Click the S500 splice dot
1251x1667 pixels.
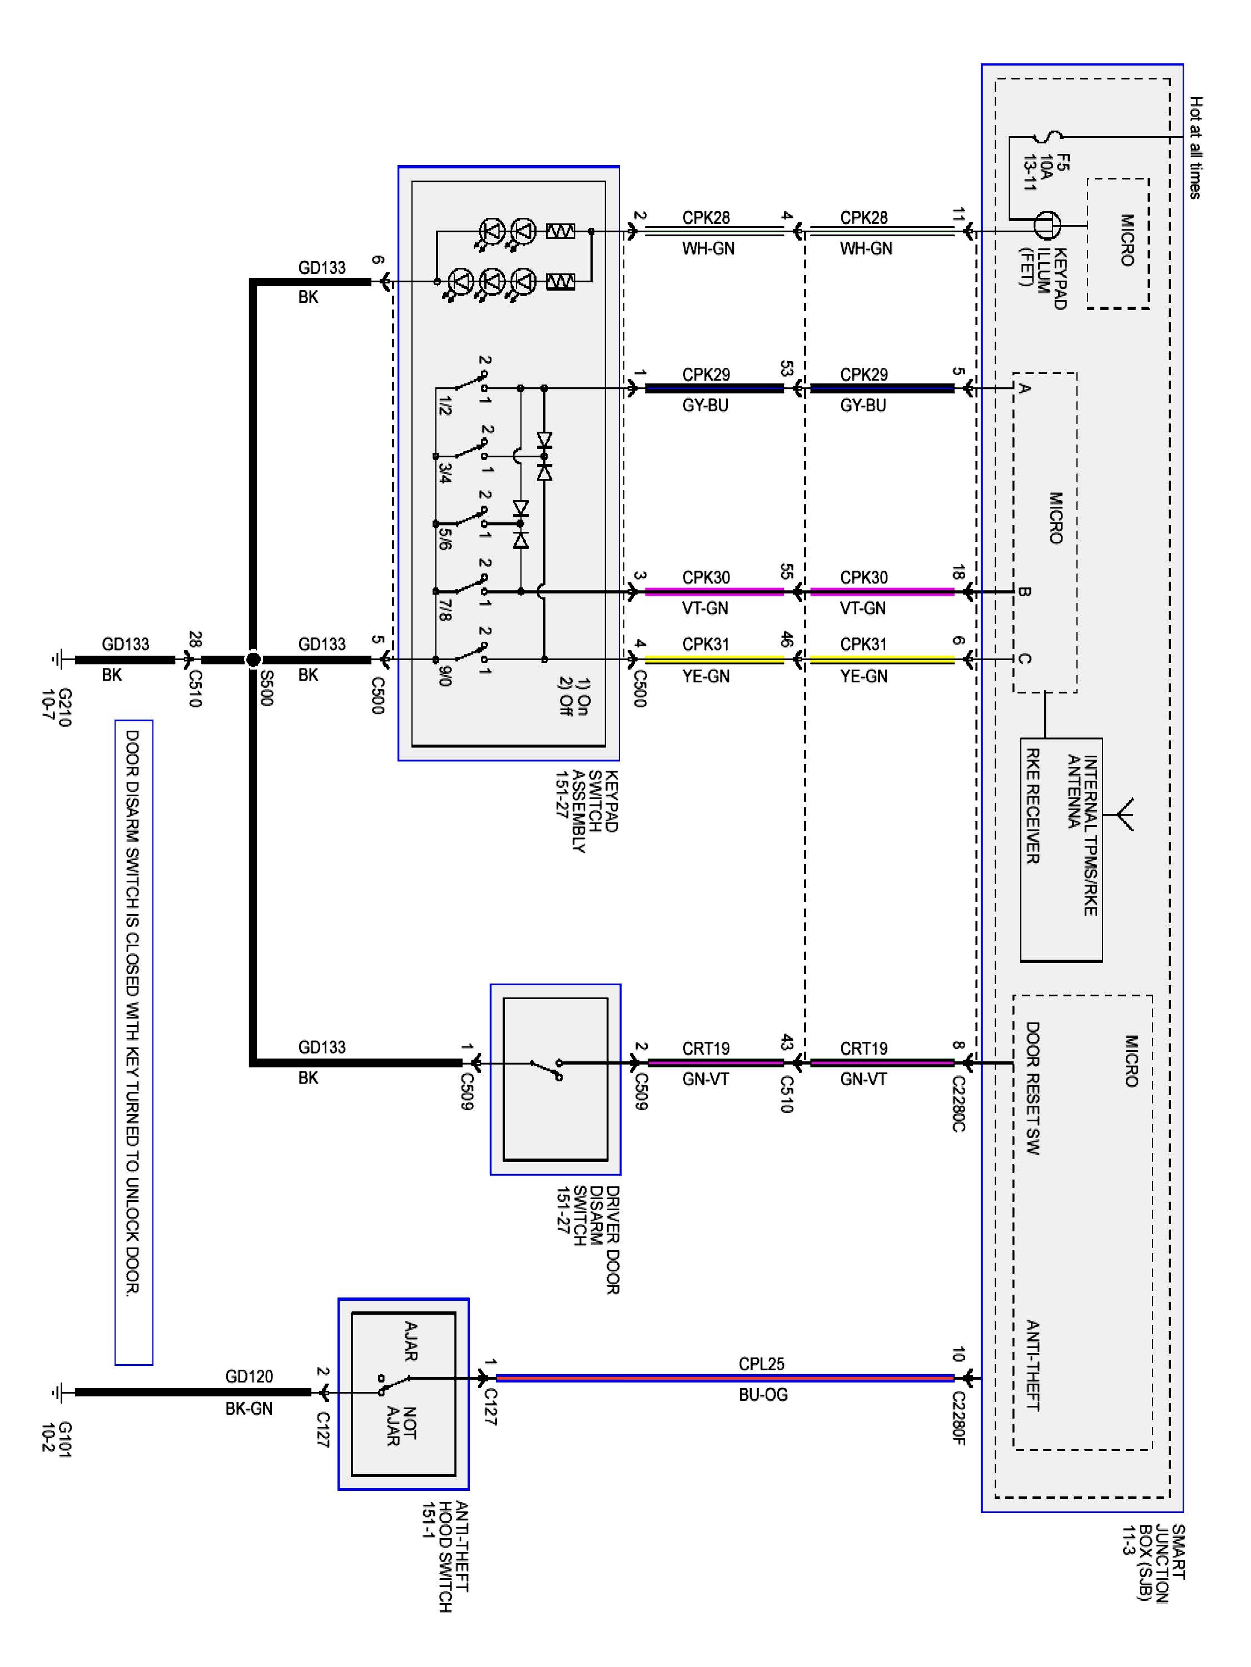tap(254, 660)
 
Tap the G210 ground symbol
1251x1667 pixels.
tap(57, 660)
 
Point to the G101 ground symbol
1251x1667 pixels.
tap(57, 1392)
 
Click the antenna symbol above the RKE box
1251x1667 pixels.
tap(1123, 814)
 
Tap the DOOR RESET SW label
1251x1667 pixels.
tap(1032, 1088)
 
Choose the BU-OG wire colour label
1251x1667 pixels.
tap(762, 1395)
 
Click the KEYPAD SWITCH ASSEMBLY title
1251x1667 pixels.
tap(587, 811)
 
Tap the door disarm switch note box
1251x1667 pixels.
tap(133, 1042)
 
